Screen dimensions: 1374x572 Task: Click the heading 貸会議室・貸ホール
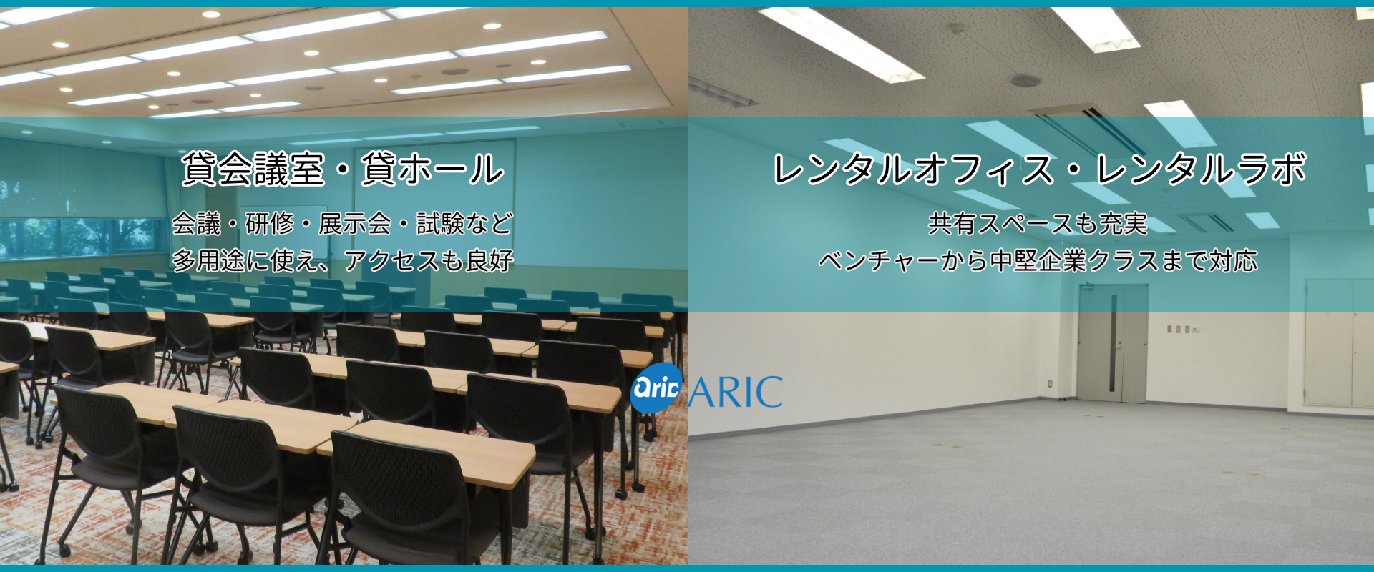343,169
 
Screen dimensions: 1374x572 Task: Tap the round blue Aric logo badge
656,388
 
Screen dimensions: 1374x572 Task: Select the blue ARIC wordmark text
736,392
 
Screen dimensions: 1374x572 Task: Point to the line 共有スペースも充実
1038,224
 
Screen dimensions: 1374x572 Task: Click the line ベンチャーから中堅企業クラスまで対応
1038,260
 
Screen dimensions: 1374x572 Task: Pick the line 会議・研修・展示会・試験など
343,224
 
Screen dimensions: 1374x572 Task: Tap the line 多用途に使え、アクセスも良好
343,260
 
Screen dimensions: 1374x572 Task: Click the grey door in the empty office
1113,342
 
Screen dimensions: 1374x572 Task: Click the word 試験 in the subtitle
440,224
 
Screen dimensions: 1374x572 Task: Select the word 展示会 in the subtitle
354,224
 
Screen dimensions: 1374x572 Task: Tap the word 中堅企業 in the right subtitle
1038,260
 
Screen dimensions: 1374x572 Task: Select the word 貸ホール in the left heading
433,169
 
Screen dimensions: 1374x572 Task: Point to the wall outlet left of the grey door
1050,383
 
